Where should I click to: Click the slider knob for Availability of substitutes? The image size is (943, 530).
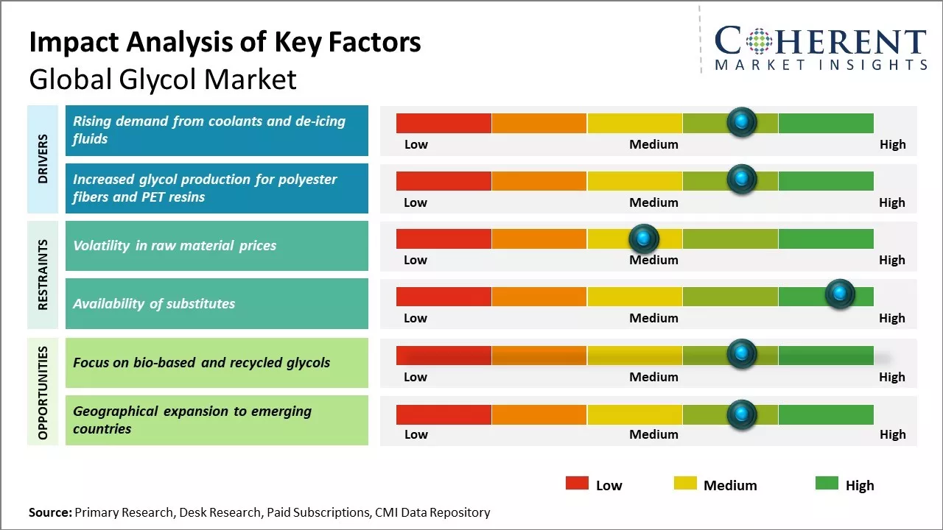pos(839,294)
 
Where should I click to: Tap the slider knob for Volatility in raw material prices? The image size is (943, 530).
pos(644,238)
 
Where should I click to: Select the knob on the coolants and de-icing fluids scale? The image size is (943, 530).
pos(742,121)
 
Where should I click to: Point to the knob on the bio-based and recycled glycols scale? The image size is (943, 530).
pos(742,354)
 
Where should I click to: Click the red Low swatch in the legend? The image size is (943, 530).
pos(577,483)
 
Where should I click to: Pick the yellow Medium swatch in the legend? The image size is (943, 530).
pos(685,483)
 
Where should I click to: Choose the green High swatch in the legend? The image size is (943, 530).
pos(827,483)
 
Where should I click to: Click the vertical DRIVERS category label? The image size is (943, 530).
pos(43,159)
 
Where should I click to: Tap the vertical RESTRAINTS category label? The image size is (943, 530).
pos(43,275)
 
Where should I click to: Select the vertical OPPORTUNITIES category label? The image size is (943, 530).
pos(43,392)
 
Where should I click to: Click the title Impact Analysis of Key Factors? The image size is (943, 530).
pos(225,43)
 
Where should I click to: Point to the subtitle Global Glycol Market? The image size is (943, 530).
pos(162,79)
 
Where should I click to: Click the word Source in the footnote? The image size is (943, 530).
pos(49,512)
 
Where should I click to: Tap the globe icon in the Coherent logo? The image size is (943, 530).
pos(758,41)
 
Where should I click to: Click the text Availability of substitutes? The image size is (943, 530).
pos(154,303)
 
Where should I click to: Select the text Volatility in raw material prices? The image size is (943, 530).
pos(175,246)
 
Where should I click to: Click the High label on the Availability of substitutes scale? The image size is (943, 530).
pos(891,318)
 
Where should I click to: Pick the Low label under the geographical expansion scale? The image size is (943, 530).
pos(416,434)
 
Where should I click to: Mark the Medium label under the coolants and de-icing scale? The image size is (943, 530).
pos(653,144)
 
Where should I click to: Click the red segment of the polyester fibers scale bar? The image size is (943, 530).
pos(444,180)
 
